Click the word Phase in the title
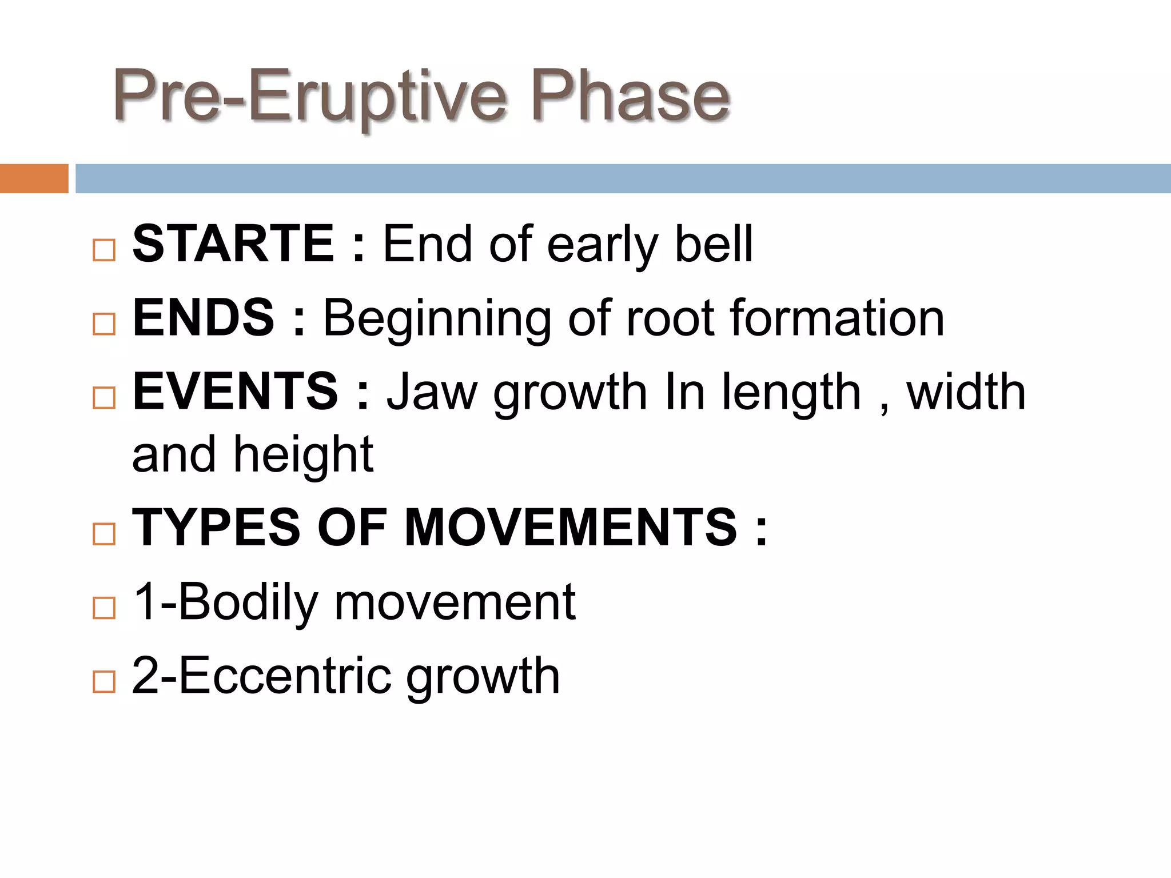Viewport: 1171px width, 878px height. [x=631, y=95]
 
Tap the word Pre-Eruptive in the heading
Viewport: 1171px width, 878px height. [x=309, y=96]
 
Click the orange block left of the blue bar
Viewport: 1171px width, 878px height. [x=34, y=178]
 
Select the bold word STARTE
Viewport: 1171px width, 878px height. [x=233, y=244]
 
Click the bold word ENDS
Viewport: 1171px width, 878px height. [x=204, y=318]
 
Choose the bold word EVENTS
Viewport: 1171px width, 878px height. [x=236, y=392]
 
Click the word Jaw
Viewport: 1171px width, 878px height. [x=432, y=392]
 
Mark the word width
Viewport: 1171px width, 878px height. [x=966, y=392]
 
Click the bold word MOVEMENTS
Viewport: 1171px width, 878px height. [x=571, y=527]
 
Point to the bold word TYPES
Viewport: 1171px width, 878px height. [x=216, y=527]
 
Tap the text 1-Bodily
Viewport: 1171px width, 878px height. [x=225, y=602]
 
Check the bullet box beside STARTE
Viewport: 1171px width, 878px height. [x=103, y=250]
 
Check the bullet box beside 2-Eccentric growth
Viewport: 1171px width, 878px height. [x=103, y=682]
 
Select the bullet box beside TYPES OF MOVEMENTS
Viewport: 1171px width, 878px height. [x=103, y=534]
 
